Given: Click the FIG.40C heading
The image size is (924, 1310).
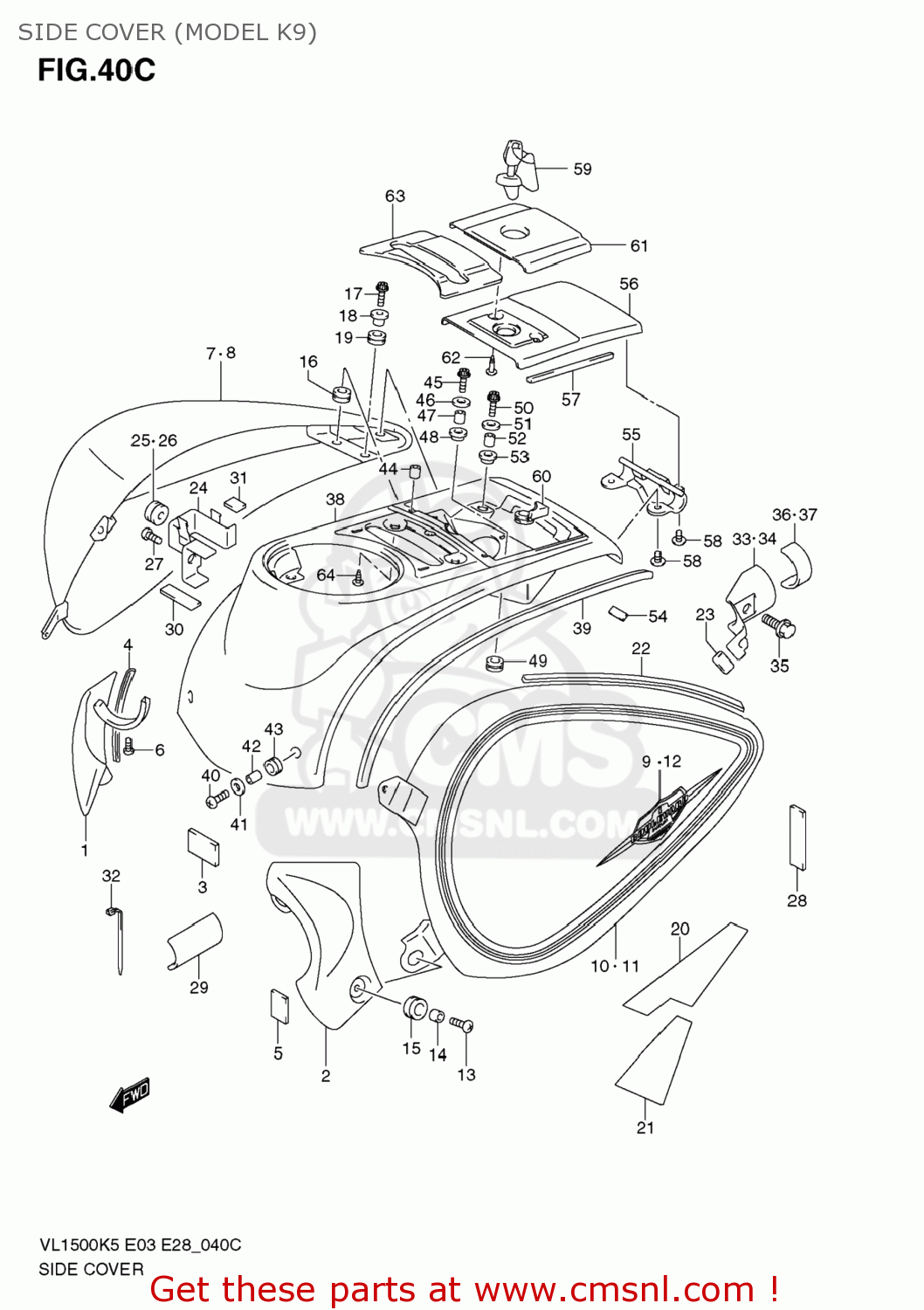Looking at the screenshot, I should (x=96, y=70).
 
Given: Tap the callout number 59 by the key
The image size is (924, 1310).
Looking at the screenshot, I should (x=583, y=169).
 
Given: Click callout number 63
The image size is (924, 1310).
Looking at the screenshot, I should (x=395, y=196).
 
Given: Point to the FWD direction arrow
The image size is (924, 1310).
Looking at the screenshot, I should (x=130, y=1094).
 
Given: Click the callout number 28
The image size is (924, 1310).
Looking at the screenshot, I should (x=796, y=900).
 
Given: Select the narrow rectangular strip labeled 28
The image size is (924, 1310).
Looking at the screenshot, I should (x=797, y=837).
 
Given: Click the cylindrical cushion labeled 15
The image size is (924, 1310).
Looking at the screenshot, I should (x=414, y=1007).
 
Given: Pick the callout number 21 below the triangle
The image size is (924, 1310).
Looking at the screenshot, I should (x=645, y=1127).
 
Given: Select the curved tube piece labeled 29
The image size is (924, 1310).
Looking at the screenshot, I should (x=195, y=941).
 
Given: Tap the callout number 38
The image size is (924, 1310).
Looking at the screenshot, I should (x=335, y=500).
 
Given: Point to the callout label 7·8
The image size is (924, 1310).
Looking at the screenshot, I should (x=221, y=353).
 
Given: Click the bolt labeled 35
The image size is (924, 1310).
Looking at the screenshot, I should (x=777, y=624).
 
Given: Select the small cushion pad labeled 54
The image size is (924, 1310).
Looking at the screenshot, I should (x=618, y=613).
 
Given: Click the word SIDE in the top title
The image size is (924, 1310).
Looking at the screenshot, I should (x=43, y=32).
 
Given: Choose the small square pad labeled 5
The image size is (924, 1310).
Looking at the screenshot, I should (x=279, y=1005).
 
